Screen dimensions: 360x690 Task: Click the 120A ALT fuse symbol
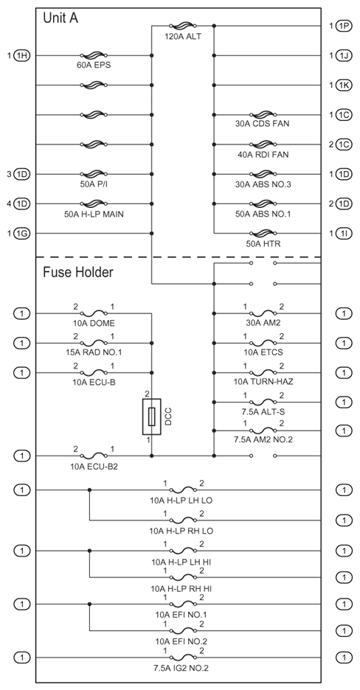[x=183, y=26]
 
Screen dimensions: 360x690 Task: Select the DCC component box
[x=151, y=417]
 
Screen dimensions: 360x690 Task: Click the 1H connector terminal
[x=22, y=55]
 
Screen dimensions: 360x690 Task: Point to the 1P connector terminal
[x=345, y=26]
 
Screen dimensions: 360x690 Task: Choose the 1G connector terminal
[x=22, y=233]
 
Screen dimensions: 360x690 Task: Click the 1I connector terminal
[x=345, y=233]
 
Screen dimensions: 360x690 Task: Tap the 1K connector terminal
[x=345, y=85]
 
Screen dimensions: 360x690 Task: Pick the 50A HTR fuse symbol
[x=263, y=233]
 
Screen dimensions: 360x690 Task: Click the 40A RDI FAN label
[x=263, y=155]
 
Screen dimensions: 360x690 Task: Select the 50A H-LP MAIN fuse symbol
[x=94, y=203]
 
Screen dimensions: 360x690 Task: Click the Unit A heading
[x=60, y=18]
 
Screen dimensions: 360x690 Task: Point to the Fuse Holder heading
[x=78, y=273]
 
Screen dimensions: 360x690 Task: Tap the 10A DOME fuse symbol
[x=94, y=313]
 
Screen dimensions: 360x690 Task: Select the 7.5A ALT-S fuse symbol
[x=263, y=402]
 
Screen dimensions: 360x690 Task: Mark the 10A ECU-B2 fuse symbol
[x=94, y=456]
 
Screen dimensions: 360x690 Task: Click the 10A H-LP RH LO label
[x=181, y=532]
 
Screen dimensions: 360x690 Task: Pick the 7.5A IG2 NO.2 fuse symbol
[x=183, y=658]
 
